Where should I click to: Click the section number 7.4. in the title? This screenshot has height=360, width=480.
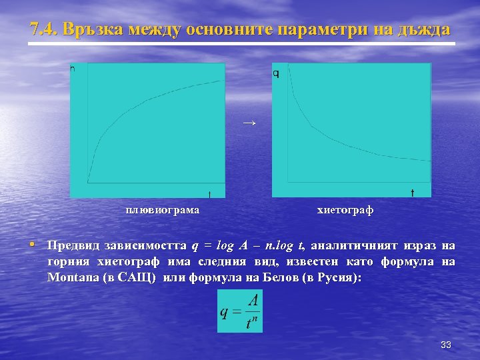click(45, 30)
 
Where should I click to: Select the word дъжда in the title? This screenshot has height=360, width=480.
click(423, 30)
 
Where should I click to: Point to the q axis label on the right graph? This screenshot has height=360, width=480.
click(276, 73)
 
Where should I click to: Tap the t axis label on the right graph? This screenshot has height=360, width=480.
click(412, 193)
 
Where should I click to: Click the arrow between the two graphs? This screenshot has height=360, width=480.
click(249, 123)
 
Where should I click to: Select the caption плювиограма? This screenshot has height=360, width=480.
click(163, 210)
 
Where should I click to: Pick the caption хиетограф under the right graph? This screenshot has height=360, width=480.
click(345, 210)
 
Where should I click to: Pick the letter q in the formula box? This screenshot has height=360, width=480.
click(225, 312)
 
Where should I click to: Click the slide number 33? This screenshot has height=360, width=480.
click(446, 345)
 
